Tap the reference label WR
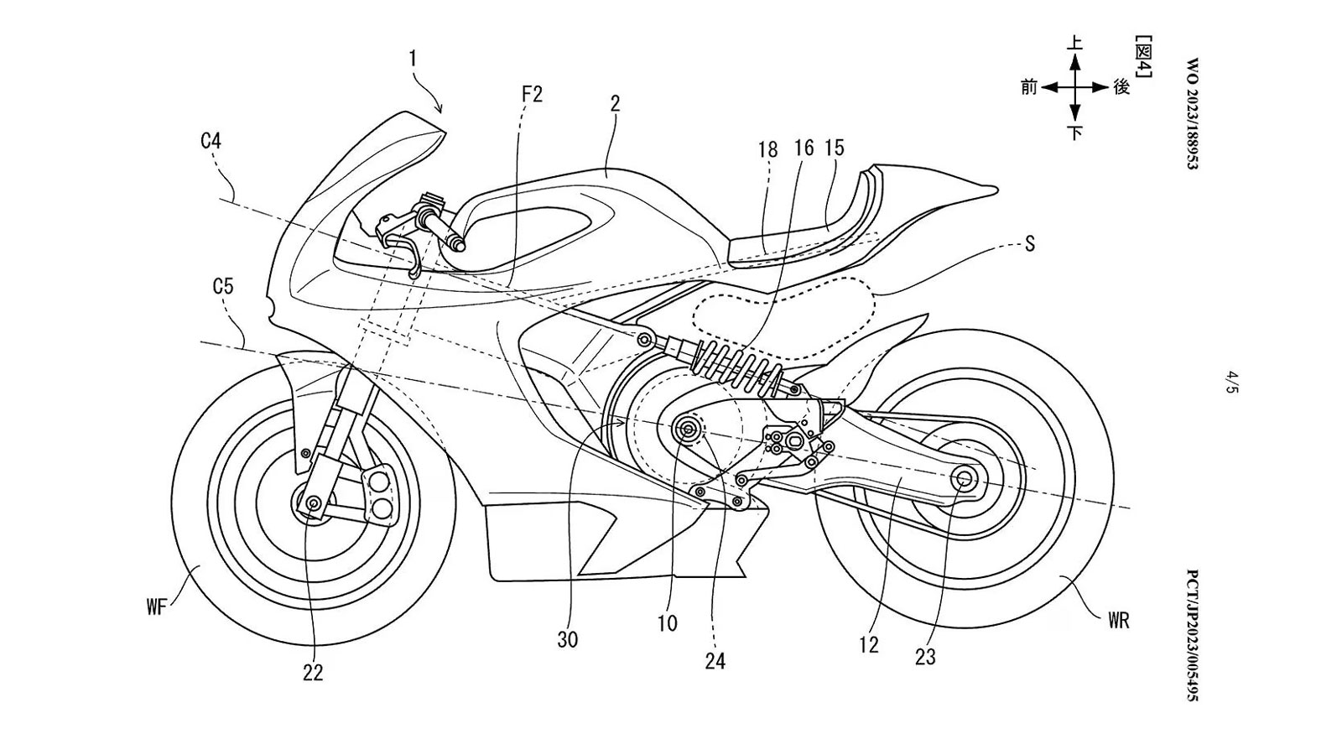coord(1118,621)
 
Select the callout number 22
coord(313,673)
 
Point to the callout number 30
coord(568,640)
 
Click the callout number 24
coord(715,662)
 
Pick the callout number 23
coord(925,657)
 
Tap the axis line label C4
coord(211,142)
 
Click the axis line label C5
coord(223,287)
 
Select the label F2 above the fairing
coord(532,94)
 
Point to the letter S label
coord(1030,244)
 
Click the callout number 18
coord(767,149)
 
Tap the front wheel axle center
coord(314,502)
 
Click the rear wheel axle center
coord(962,478)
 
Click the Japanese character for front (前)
coord(1029,86)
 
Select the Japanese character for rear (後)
coord(1121,86)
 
